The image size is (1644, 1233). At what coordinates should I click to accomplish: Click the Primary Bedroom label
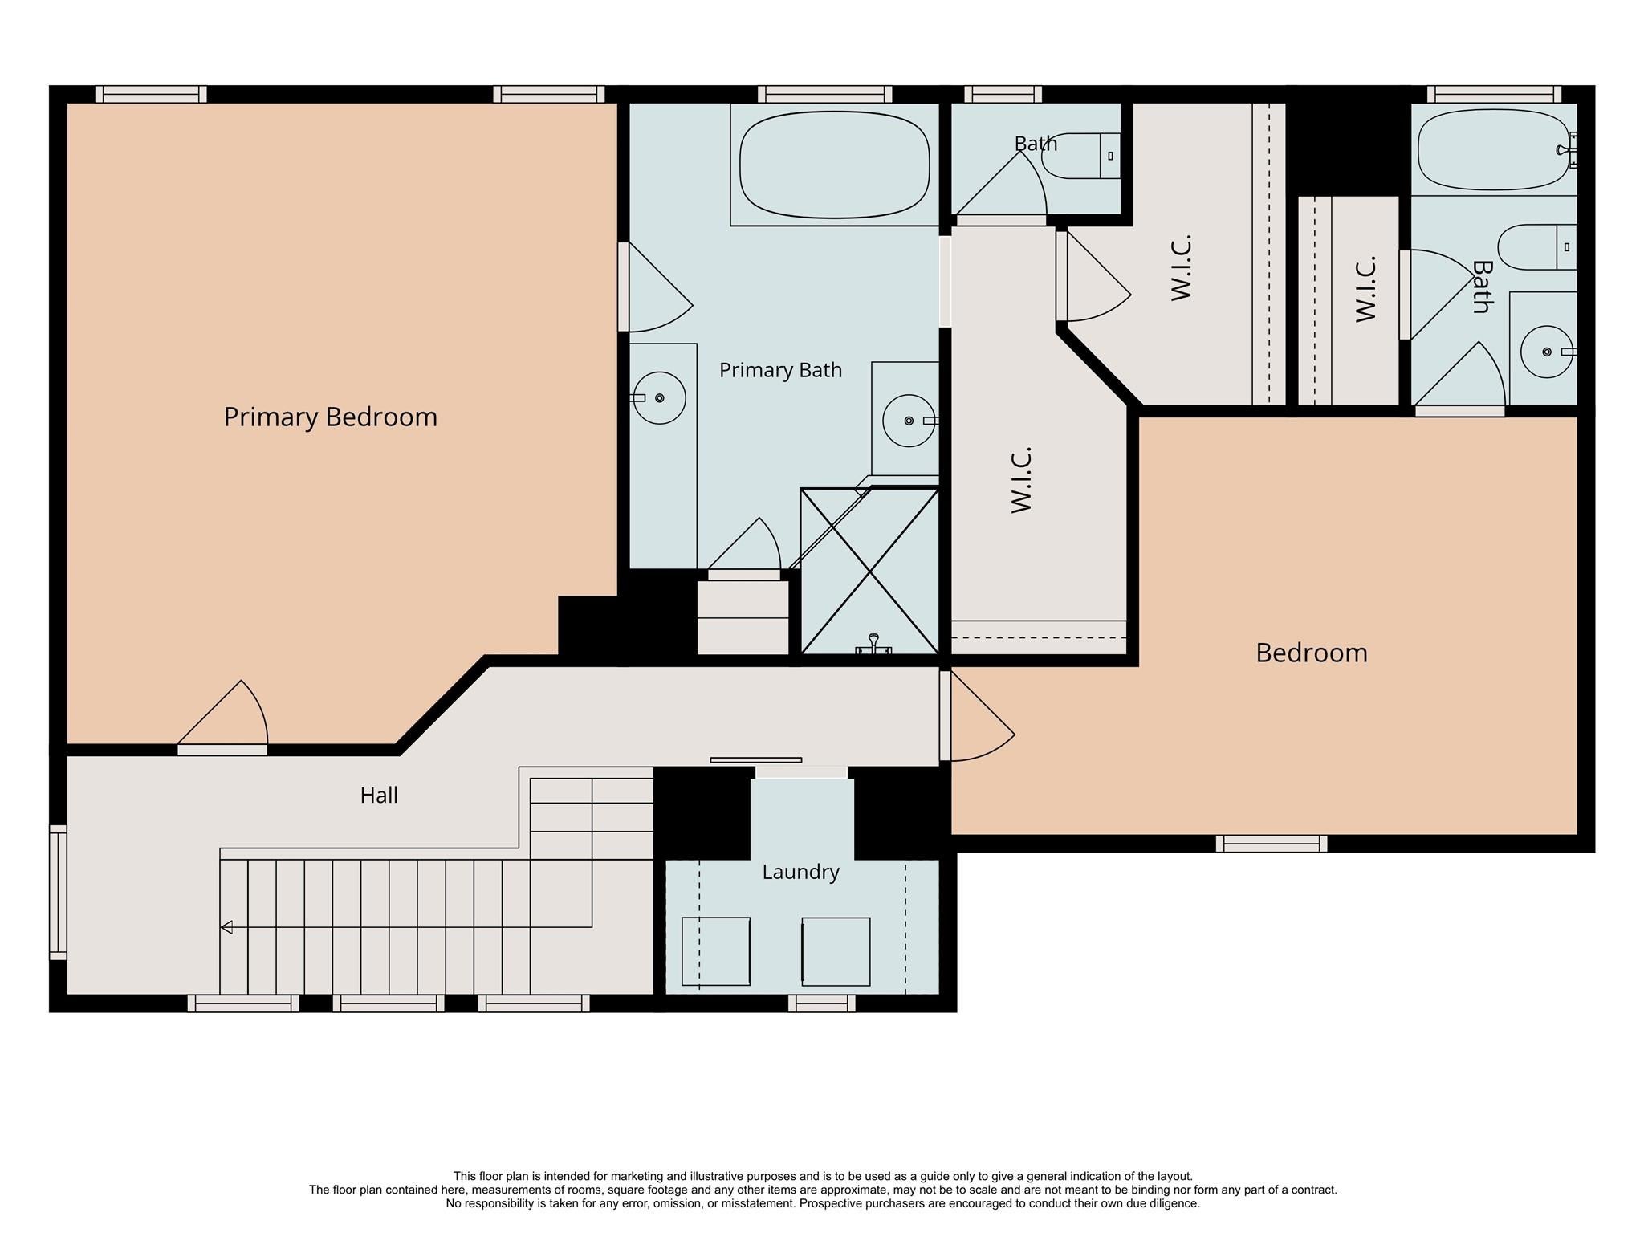point(330,417)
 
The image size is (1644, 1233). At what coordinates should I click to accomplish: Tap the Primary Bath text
point(780,370)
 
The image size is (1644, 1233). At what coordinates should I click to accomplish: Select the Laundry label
point(800,872)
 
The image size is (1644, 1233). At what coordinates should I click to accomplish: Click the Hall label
point(379,796)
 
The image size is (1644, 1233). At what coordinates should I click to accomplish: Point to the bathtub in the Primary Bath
point(834,165)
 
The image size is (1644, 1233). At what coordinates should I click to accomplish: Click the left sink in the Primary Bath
point(659,398)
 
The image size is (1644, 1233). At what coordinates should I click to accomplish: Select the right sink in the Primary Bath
point(909,421)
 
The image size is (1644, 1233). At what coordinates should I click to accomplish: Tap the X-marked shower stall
point(870,571)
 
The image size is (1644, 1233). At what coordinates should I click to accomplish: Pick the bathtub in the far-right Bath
point(1493,150)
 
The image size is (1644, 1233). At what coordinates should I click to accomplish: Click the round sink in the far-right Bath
point(1547,352)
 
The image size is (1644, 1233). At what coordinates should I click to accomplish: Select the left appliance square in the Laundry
point(715,951)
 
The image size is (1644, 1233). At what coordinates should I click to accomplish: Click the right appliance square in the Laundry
point(836,951)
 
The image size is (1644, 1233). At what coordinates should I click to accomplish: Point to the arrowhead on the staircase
point(226,927)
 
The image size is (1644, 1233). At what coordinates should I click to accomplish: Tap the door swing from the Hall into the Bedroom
point(978,716)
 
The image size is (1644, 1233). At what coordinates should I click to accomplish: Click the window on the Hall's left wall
point(58,892)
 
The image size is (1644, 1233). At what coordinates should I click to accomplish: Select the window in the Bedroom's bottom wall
point(1271,844)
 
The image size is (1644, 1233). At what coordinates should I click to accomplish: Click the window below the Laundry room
point(821,1003)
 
